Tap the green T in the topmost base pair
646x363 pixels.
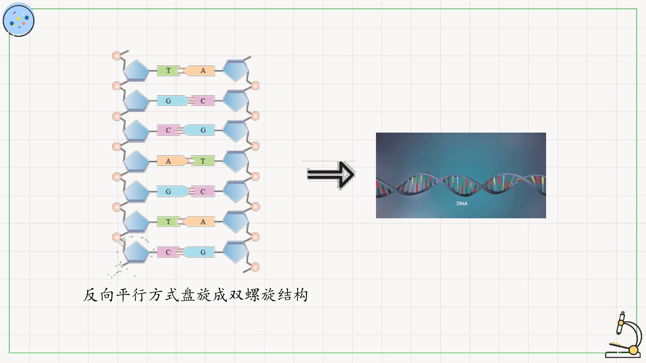point(168,71)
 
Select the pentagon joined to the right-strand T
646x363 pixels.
point(236,162)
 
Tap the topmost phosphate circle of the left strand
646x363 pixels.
point(117,56)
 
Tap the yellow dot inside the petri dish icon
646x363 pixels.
point(19,18)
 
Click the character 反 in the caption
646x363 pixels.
point(91,295)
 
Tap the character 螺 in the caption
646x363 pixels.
point(253,295)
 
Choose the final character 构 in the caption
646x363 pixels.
point(301,295)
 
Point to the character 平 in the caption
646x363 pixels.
point(123,295)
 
